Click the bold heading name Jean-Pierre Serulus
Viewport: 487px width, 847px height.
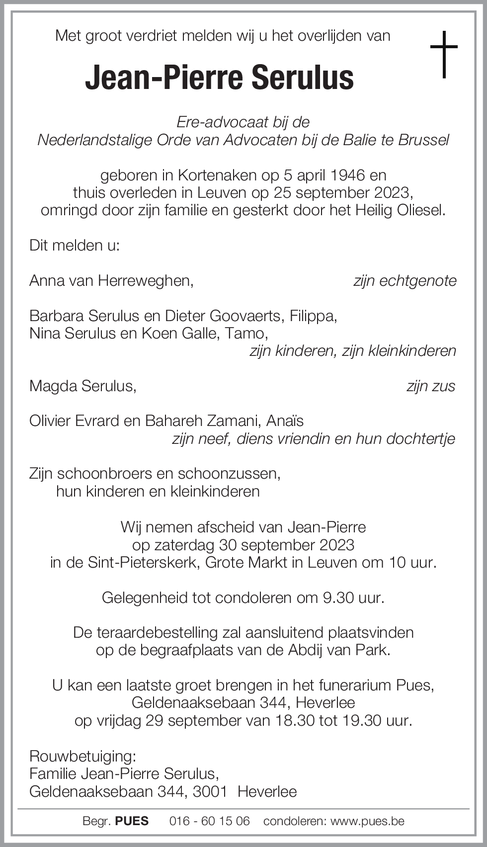tap(219, 78)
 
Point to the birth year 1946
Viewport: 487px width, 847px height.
tap(347, 175)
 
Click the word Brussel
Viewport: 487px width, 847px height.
tap(423, 140)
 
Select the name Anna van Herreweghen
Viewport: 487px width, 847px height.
tap(111, 281)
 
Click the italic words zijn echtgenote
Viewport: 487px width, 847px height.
tap(405, 281)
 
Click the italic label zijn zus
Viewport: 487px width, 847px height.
tap(430, 386)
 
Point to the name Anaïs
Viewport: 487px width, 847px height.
tap(285, 421)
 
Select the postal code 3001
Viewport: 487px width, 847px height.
tap(210, 791)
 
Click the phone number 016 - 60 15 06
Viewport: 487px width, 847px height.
tap(209, 821)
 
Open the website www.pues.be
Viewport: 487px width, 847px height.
tap(367, 821)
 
